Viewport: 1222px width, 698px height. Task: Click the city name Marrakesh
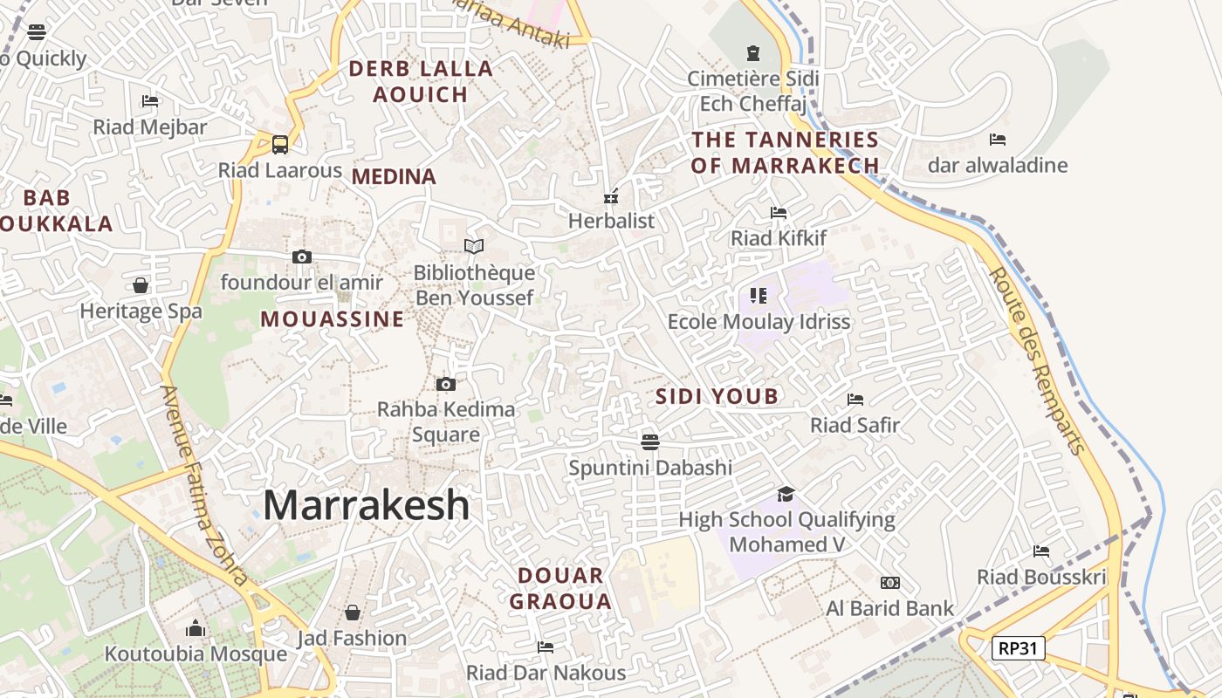366,505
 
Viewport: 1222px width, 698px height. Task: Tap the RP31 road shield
1018,648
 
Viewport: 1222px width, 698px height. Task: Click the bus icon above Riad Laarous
280,144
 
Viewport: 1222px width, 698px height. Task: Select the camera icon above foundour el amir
302,257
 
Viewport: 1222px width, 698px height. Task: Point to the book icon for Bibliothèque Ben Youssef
474,247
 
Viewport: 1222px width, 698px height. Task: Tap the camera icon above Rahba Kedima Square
446,384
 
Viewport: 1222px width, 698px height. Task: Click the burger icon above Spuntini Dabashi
649,441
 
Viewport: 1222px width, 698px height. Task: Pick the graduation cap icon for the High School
786,494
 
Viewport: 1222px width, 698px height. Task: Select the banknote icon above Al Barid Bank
890,583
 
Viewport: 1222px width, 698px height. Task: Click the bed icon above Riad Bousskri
1041,551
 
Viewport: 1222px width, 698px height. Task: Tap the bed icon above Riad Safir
855,400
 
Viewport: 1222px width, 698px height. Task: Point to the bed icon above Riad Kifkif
779,213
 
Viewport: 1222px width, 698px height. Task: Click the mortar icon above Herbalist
611,195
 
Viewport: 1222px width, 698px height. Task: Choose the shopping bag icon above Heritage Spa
141,285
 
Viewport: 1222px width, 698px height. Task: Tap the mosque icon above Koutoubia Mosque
196,628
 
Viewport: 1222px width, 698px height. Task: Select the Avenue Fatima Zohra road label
206,486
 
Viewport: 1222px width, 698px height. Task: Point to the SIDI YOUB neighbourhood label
717,397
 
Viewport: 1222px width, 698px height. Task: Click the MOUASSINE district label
333,319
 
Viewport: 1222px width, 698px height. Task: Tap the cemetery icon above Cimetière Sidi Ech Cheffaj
752,53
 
